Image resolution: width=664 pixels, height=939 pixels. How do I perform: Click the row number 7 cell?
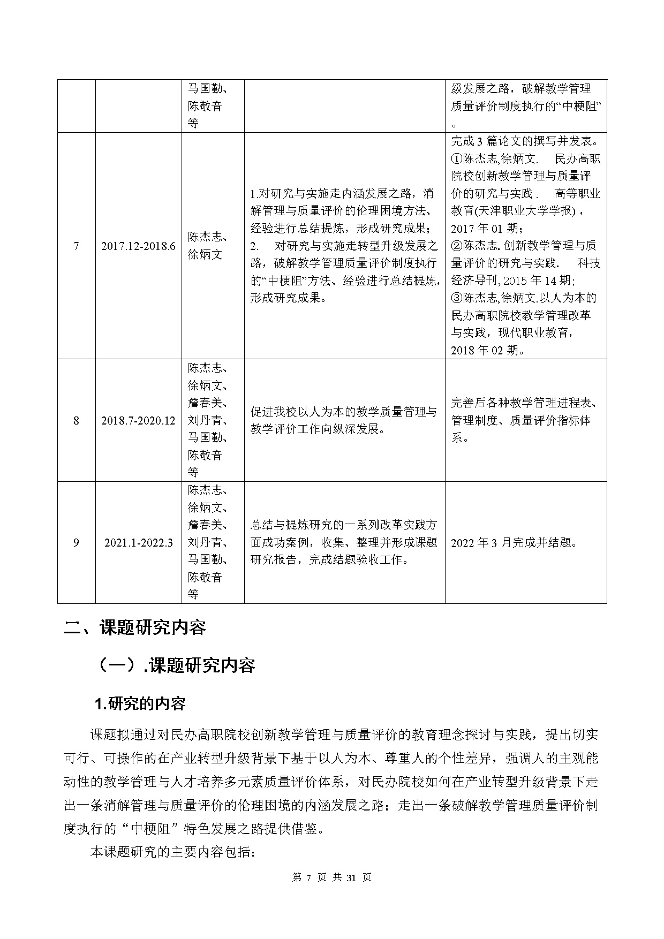click(x=76, y=246)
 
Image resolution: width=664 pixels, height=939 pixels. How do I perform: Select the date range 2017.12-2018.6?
click(x=138, y=246)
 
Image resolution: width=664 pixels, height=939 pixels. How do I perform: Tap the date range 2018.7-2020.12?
click(x=138, y=420)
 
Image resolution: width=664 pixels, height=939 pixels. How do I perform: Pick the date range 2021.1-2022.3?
click(x=138, y=542)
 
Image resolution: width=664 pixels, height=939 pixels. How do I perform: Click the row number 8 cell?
click(x=76, y=420)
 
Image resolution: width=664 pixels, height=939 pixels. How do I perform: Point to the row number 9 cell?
click(x=76, y=542)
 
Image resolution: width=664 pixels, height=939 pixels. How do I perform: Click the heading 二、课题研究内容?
click(x=135, y=627)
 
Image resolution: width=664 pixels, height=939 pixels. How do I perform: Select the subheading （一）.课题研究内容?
click(x=175, y=665)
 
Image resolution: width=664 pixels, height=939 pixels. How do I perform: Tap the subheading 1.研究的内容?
click(x=140, y=703)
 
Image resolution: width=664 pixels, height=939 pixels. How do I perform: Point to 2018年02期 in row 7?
click(x=487, y=350)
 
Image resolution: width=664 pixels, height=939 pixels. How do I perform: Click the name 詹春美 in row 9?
click(x=208, y=525)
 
